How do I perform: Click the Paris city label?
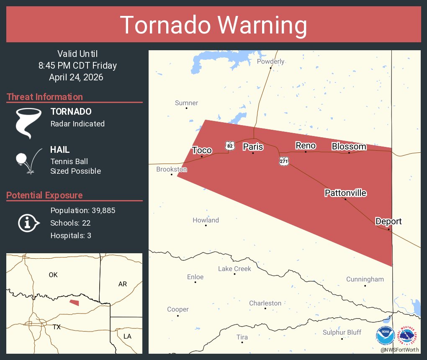[253, 147]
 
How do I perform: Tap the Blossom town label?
[349, 147]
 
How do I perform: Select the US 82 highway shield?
[229, 145]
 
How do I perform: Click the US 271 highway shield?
[284, 161]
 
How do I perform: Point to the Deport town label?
[388, 221]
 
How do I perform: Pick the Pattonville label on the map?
[345, 193]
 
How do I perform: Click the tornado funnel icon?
[28, 123]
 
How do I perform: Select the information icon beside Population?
[28, 223]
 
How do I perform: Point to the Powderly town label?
[270, 62]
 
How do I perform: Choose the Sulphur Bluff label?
[342, 332]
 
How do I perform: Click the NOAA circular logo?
[385, 335]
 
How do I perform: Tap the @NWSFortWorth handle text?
[399, 350]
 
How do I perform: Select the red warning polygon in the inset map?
[74, 302]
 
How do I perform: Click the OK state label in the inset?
[53, 275]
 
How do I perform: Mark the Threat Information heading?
[45, 97]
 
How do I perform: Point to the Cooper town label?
[178, 309]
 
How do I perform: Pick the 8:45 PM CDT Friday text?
[77, 66]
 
